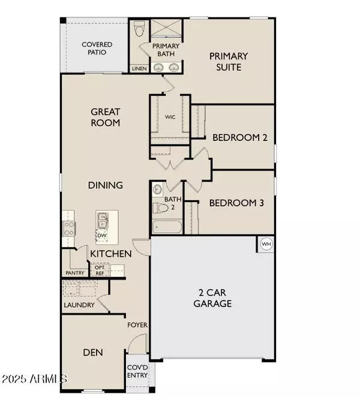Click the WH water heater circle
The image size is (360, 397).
265,244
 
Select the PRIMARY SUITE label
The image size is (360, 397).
229,61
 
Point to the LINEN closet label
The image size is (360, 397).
139,69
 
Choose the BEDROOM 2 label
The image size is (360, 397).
239,137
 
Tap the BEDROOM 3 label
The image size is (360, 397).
236,203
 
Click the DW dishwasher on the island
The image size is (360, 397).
101,236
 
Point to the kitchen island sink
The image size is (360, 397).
101,219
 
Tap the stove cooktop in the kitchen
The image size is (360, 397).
69,227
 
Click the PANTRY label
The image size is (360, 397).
75,273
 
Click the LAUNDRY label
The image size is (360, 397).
79,305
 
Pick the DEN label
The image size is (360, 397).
92,353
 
